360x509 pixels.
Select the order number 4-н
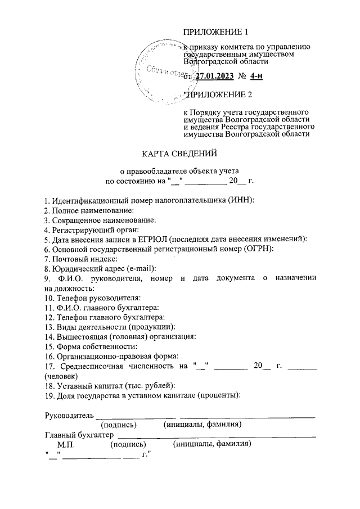[256, 77]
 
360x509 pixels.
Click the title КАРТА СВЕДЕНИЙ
[179, 153]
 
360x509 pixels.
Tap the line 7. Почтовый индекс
[80, 259]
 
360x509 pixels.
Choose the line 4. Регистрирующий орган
[91, 229]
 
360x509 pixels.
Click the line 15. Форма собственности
[91, 346]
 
